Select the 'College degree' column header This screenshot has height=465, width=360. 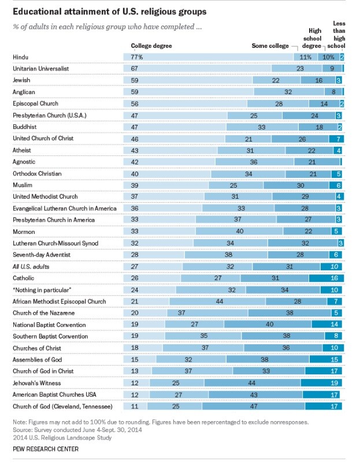point(151,46)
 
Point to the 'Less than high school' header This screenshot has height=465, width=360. point(339,34)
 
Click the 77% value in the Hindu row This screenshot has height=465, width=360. point(137,57)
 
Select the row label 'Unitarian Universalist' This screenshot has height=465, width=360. point(44,69)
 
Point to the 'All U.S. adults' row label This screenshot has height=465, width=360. point(34,266)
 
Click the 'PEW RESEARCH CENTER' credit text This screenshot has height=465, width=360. point(47,449)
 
